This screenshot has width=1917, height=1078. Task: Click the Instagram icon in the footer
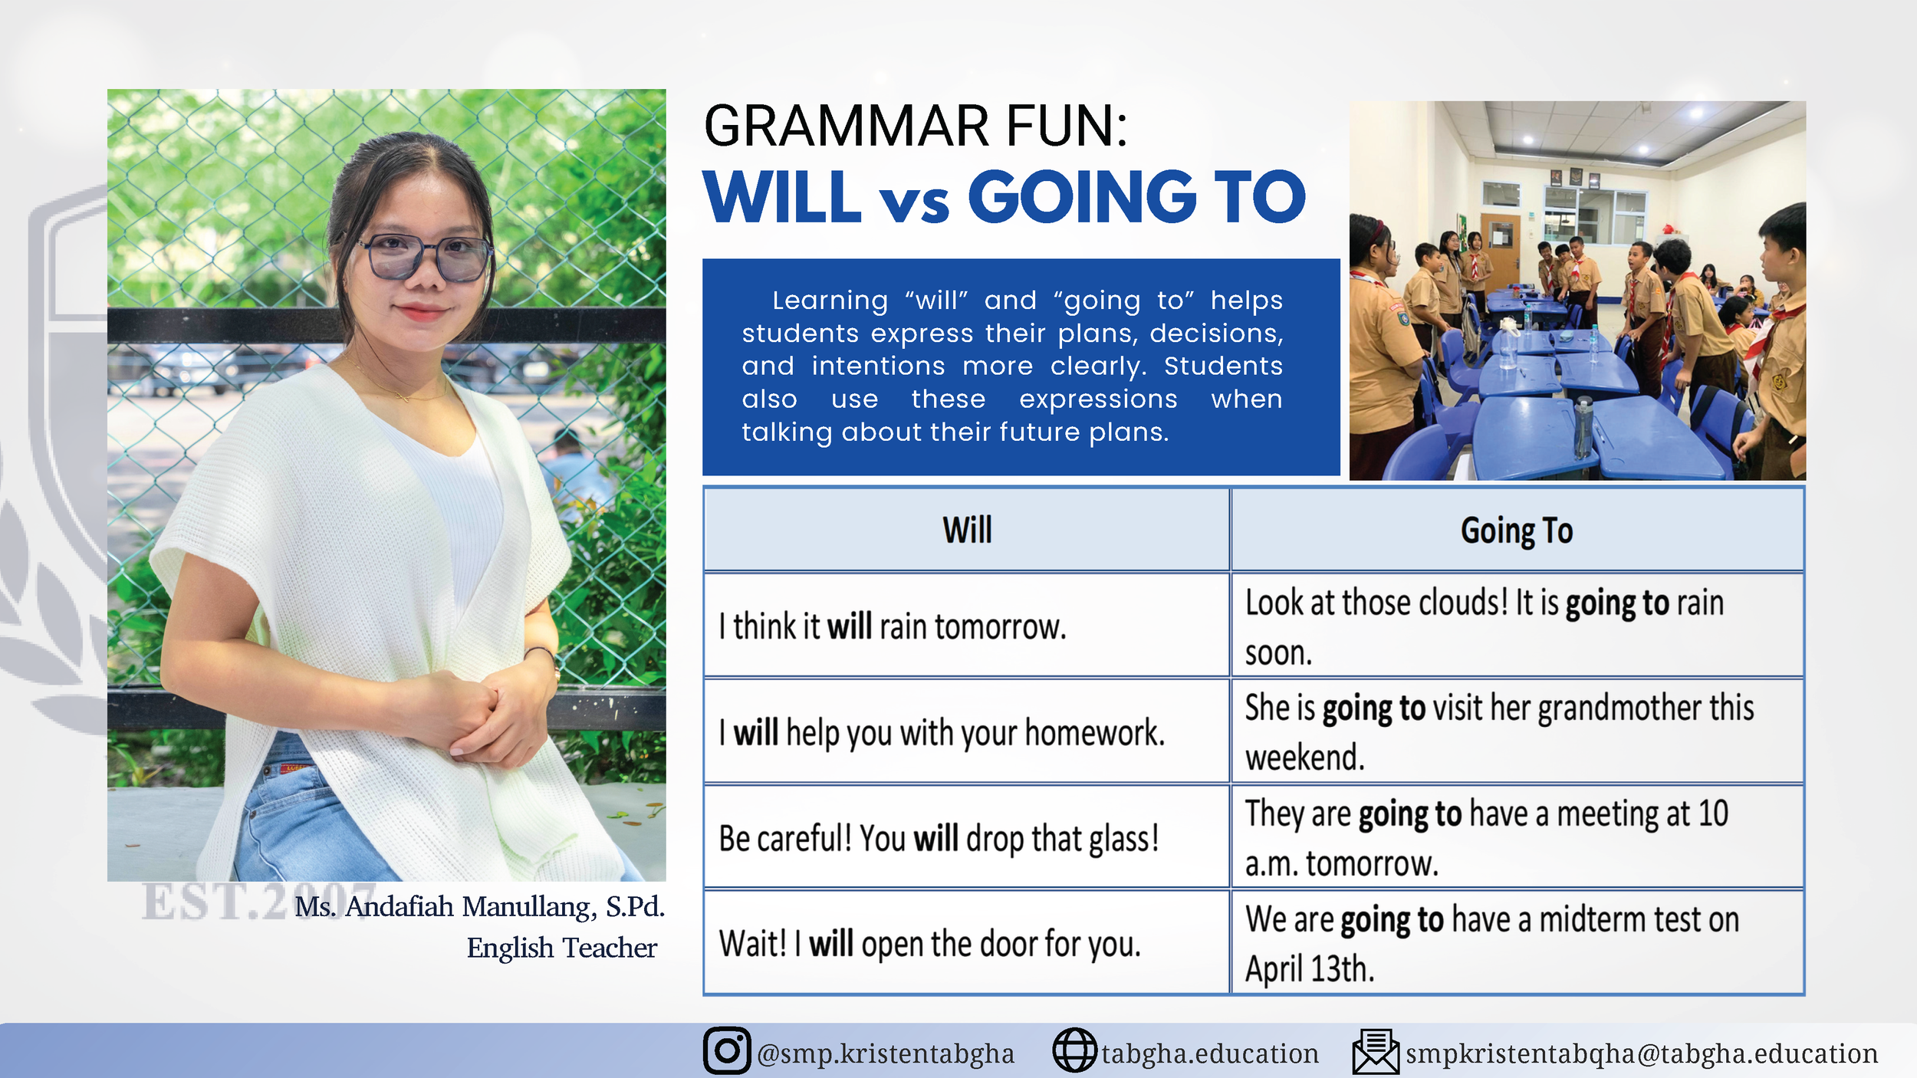pos(727,1050)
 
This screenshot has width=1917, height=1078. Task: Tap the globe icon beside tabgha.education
pos(1074,1050)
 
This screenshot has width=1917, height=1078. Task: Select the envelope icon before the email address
pos(1376,1052)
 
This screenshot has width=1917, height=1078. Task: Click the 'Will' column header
pos(967,530)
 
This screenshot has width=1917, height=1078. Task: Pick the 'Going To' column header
pos(1517,530)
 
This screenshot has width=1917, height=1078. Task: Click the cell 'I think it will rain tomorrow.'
pos(967,626)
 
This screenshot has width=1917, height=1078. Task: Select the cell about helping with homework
pos(967,731)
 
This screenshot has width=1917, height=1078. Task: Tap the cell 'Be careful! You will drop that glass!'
pos(967,837)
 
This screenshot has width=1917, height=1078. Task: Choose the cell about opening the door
pos(967,943)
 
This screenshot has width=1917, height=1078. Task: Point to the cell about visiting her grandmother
pos(1517,731)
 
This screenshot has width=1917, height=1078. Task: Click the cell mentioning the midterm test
pos(1517,943)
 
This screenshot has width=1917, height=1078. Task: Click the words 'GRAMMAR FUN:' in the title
pos(916,127)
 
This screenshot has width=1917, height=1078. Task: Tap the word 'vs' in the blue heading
pos(914,205)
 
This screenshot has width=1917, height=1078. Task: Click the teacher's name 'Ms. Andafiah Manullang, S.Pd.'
pos(479,907)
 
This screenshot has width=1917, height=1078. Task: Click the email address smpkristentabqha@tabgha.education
pos(1642,1054)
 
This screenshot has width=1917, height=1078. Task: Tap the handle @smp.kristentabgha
pos(886,1054)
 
